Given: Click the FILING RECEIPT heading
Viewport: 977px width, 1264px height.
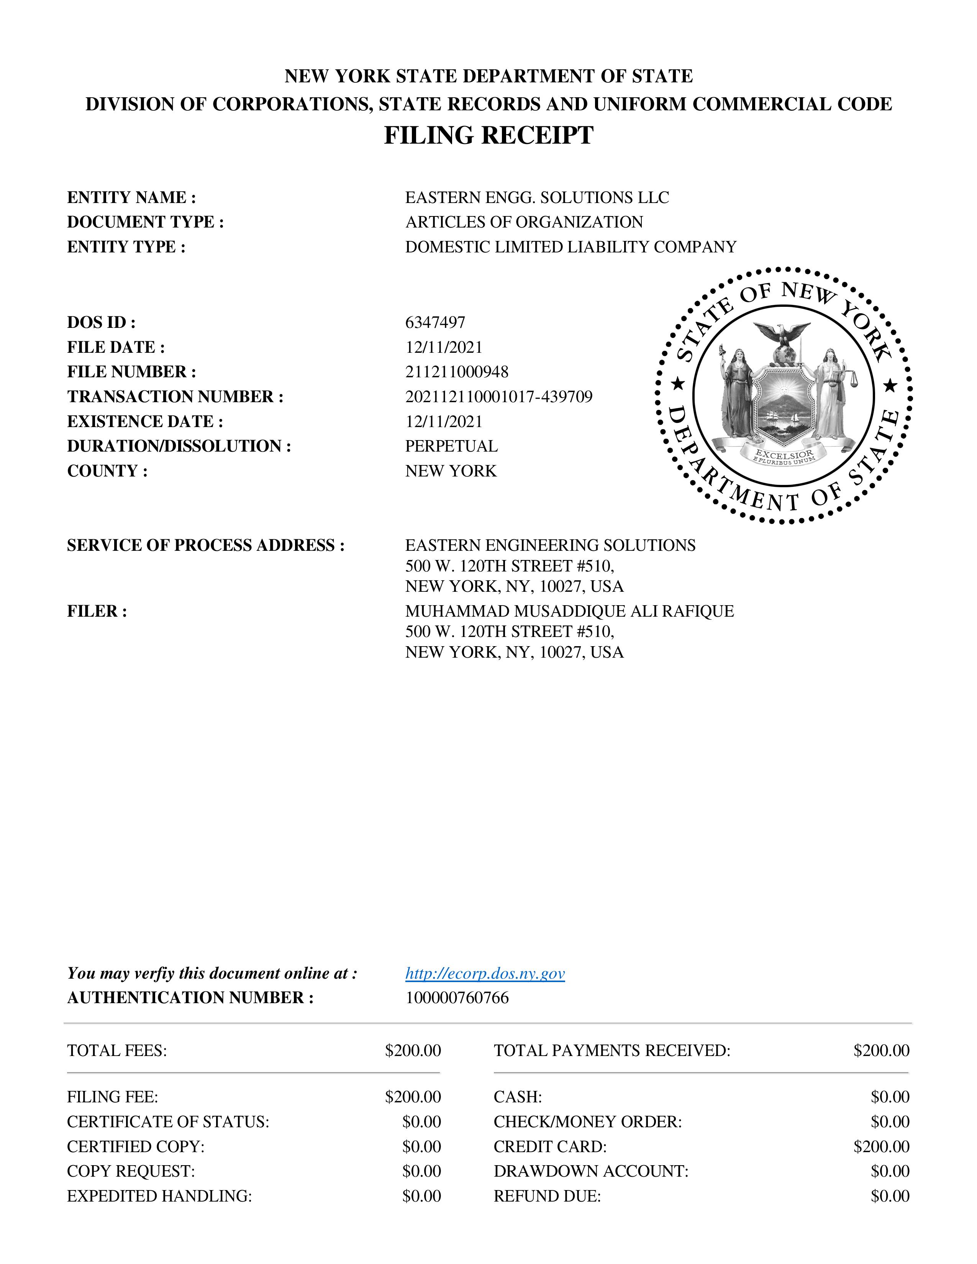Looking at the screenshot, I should coord(488,136).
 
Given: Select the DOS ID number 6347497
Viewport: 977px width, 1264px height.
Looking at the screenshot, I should coord(435,323).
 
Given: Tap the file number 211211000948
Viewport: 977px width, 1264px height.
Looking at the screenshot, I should coord(457,372).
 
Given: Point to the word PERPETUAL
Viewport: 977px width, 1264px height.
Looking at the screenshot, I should coord(451,446).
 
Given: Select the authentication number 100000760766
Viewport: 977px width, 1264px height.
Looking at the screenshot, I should coord(457,998).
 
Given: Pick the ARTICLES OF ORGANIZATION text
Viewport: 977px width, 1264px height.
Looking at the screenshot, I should coord(524,222).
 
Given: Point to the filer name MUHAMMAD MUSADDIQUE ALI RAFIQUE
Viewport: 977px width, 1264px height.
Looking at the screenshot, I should coord(569,611).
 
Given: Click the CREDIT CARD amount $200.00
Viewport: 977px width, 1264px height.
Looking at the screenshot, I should coord(881,1146).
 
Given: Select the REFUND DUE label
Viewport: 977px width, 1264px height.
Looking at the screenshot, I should coord(547,1196).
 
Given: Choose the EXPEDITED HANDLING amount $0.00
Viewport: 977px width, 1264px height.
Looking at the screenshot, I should coord(421,1196).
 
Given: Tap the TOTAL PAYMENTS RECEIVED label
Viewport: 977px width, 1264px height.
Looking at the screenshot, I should coord(612,1050).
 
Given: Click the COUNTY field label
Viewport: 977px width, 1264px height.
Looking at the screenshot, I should coord(107,471).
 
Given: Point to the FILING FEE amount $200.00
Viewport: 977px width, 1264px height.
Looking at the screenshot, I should coord(413,1097).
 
